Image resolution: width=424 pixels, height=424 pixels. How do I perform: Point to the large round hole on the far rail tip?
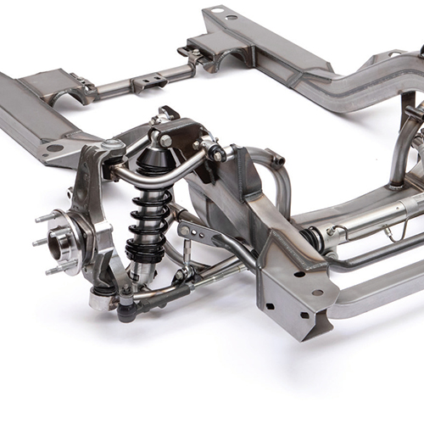tap(217, 11)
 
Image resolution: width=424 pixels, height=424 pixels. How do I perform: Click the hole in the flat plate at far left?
tap(54, 148)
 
